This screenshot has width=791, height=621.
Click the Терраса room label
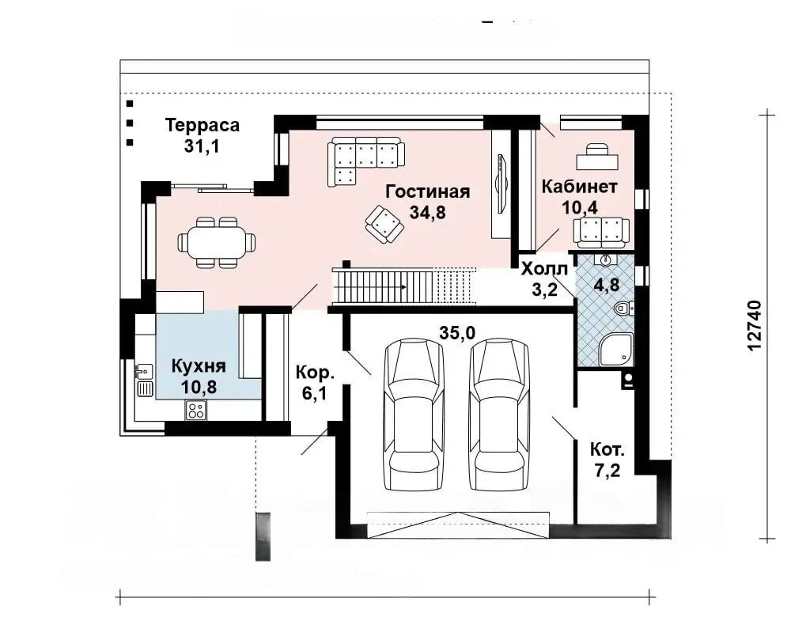pyautogui.click(x=202, y=125)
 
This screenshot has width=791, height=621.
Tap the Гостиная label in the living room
pyautogui.click(x=428, y=191)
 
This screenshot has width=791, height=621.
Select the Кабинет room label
pyautogui.click(x=579, y=187)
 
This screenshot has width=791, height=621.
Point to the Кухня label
pyautogui.click(x=199, y=365)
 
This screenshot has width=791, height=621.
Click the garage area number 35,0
pyautogui.click(x=457, y=332)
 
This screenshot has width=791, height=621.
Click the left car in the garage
pyautogui.click(x=414, y=415)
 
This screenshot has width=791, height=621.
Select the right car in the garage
pyautogui.click(x=499, y=415)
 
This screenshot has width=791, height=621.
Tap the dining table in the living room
pyautogui.click(x=217, y=242)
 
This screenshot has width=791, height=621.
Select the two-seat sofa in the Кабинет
pyautogui.click(x=601, y=233)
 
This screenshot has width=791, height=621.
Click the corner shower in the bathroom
pyautogui.click(x=615, y=350)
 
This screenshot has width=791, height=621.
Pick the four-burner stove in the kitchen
pyautogui.click(x=195, y=410)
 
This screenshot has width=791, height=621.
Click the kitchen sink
pyautogui.click(x=144, y=380)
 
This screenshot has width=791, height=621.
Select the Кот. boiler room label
pyautogui.click(x=607, y=449)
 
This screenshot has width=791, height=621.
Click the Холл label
pyautogui.click(x=544, y=268)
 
